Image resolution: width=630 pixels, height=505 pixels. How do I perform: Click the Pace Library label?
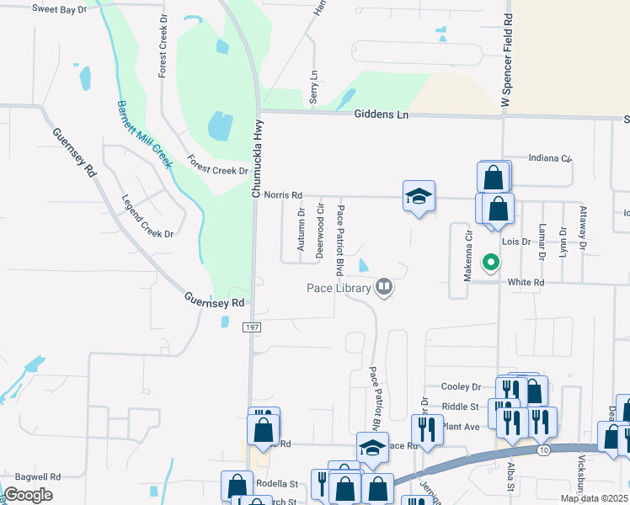(338, 289)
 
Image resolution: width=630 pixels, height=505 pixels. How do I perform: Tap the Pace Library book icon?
(384, 288)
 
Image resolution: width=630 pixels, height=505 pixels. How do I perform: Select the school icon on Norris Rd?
(419, 197)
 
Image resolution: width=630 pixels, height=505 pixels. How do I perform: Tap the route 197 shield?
(250, 326)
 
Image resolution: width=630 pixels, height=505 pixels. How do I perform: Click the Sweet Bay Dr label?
(60, 8)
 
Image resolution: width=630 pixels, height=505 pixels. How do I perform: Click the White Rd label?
(526, 283)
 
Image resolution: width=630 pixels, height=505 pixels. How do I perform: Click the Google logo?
(29, 495)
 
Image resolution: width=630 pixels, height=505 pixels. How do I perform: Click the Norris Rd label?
(283, 195)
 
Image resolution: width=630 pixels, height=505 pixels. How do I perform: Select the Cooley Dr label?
(461, 386)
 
